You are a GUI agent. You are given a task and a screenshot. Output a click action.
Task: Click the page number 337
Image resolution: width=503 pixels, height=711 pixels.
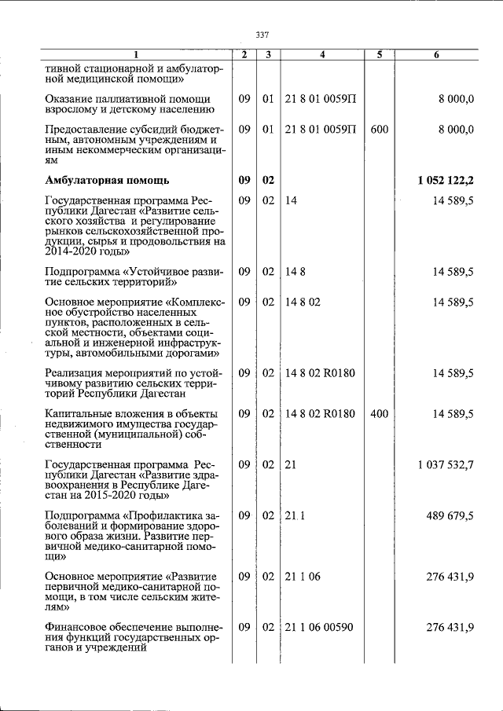[263, 35]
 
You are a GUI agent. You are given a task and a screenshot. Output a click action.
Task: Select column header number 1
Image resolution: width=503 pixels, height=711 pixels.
[134, 55]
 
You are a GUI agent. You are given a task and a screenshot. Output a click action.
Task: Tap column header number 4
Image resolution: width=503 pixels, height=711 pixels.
[322, 55]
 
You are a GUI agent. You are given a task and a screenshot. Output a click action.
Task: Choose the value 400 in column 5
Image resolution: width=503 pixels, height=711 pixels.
[379, 414]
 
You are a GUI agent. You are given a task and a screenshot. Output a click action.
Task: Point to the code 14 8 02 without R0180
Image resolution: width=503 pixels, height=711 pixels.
[302, 302]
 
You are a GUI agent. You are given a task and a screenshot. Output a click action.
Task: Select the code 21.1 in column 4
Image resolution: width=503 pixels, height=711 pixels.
[294, 515]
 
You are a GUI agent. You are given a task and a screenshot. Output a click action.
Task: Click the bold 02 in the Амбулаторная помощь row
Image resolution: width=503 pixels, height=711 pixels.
[268, 181]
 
